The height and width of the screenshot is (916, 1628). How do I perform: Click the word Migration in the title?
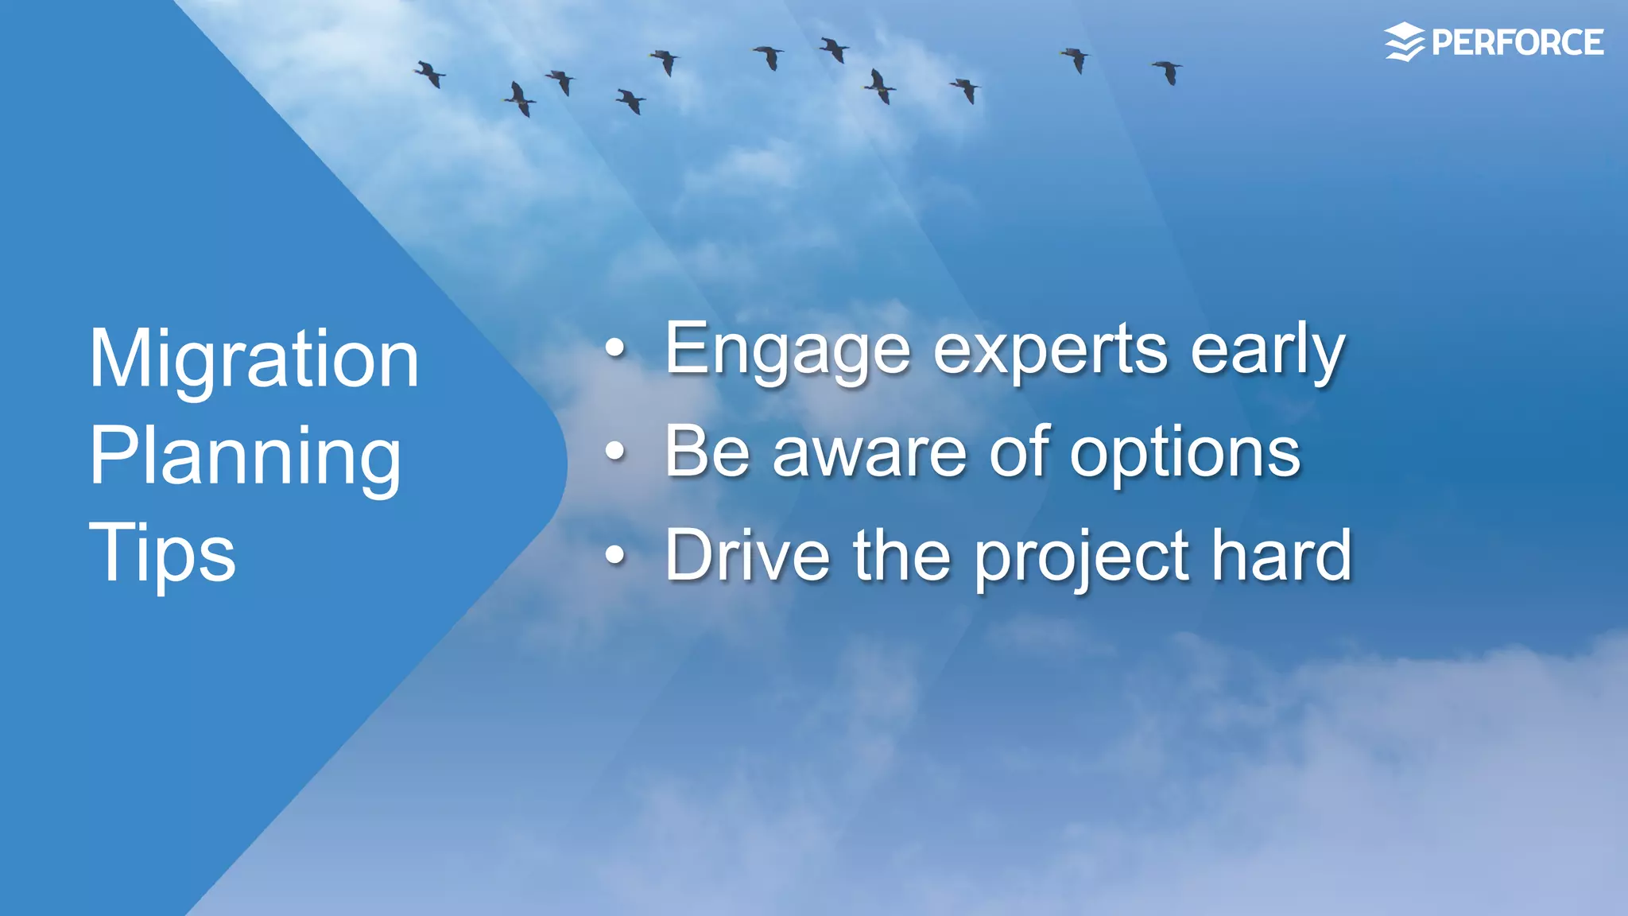tap(254, 359)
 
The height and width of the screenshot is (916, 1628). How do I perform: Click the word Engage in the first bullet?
tap(787, 350)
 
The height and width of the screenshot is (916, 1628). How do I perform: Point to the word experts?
tap(1050, 350)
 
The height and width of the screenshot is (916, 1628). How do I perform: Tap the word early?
tap(1267, 350)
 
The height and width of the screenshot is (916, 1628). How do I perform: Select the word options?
tap(1184, 453)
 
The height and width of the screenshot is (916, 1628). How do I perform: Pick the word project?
tap(1082, 557)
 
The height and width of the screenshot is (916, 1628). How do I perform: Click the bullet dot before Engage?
tap(614, 349)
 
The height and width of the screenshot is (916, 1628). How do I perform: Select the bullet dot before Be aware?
tap(614, 452)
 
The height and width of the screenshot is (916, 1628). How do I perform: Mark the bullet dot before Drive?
tap(614, 556)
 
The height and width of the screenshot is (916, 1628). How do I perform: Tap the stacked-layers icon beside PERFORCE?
tap(1405, 43)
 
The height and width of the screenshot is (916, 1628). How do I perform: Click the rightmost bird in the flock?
tap(1168, 72)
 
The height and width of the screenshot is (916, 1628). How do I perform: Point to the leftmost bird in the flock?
tap(430, 74)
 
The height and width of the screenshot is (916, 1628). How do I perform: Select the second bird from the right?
tap(1076, 59)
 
